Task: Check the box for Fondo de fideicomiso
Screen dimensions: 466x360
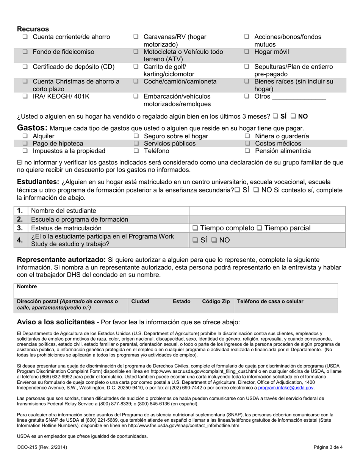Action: tap(25, 52)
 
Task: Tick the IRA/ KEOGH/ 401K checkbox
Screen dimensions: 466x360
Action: tap(25, 96)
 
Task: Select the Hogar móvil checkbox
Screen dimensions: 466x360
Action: tap(247, 52)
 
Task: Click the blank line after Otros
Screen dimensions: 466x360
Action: tap(299, 97)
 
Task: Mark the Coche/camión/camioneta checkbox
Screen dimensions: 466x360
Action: tap(136, 81)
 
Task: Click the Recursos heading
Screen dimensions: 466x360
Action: tap(33, 29)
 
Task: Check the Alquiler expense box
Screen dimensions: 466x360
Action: tap(25, 136)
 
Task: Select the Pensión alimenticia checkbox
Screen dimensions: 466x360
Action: tap(247, 151)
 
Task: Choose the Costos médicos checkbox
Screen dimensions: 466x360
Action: tap(247, 144)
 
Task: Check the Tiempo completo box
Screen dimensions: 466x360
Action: tap(195, 228)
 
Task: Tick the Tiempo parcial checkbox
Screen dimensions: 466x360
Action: tap(260, 228)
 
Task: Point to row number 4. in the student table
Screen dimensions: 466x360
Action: tap(20, 240)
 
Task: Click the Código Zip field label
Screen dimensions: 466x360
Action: tap(216, 302)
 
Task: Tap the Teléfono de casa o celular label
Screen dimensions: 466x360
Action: tap(270, 302)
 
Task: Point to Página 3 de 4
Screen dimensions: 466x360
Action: tap(328, 447)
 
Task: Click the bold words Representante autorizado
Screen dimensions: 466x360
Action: tap(61, 260)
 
